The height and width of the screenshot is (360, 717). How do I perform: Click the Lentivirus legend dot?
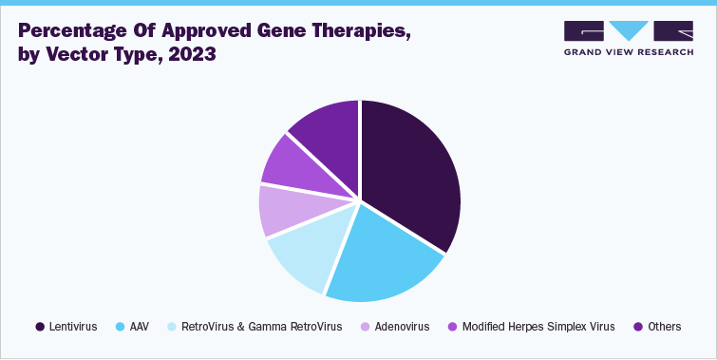point(40,327)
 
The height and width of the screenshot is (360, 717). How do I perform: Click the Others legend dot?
point(638,327)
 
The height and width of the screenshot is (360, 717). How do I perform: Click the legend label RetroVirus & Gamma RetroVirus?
point(261,327)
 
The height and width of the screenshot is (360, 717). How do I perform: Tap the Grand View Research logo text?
point(628,53)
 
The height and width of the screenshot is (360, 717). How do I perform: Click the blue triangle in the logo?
point(628,30)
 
